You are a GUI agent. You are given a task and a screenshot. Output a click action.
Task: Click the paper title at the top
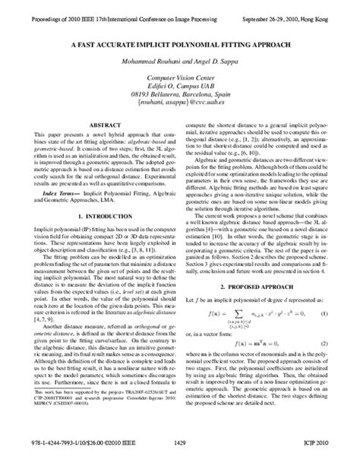point(179,45)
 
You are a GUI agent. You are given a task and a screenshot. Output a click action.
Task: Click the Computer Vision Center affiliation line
point(179,78)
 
